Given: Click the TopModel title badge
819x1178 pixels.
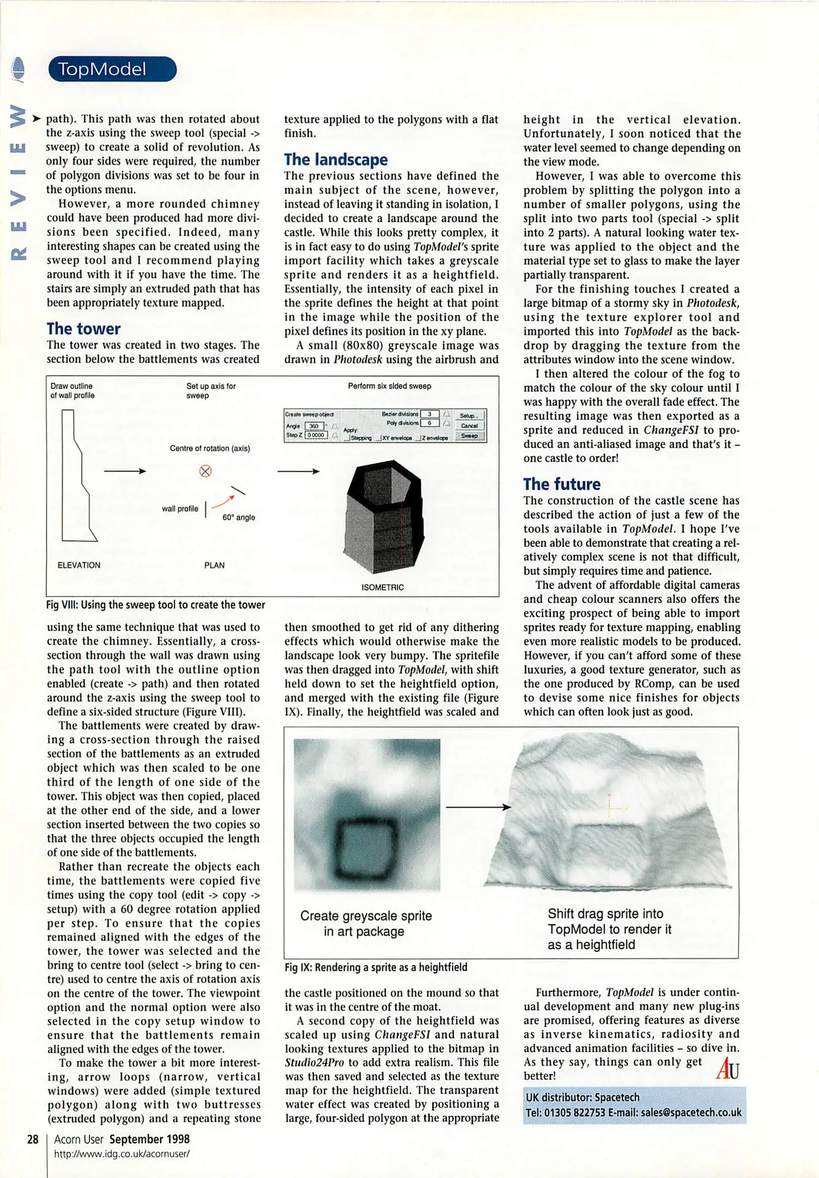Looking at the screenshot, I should coord(112,69).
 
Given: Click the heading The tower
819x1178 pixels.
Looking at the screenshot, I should coord(83,329).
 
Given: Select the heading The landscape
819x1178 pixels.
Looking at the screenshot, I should coord(336,159).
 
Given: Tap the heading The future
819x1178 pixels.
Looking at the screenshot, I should coord(561,484).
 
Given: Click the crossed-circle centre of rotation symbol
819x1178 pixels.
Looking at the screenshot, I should coord(205,471).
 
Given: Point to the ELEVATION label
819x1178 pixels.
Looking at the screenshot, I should coord(79,565).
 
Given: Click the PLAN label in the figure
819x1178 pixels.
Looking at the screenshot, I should coord(214,565).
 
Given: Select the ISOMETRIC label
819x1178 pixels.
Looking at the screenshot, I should coord(382,587).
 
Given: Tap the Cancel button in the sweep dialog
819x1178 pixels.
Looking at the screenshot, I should coord(469,425).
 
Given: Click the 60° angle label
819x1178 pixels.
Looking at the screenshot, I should coord(238,517).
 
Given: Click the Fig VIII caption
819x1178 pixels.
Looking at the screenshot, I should coord(156,605).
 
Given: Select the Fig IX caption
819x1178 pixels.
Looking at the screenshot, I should coord(376,967).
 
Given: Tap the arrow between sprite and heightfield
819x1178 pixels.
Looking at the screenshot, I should coord(478,807).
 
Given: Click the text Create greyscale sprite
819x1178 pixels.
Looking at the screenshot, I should coord(366,916).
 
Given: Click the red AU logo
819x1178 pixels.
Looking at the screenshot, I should coord(727,1068).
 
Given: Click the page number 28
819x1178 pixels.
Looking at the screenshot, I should coord(33,1139).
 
